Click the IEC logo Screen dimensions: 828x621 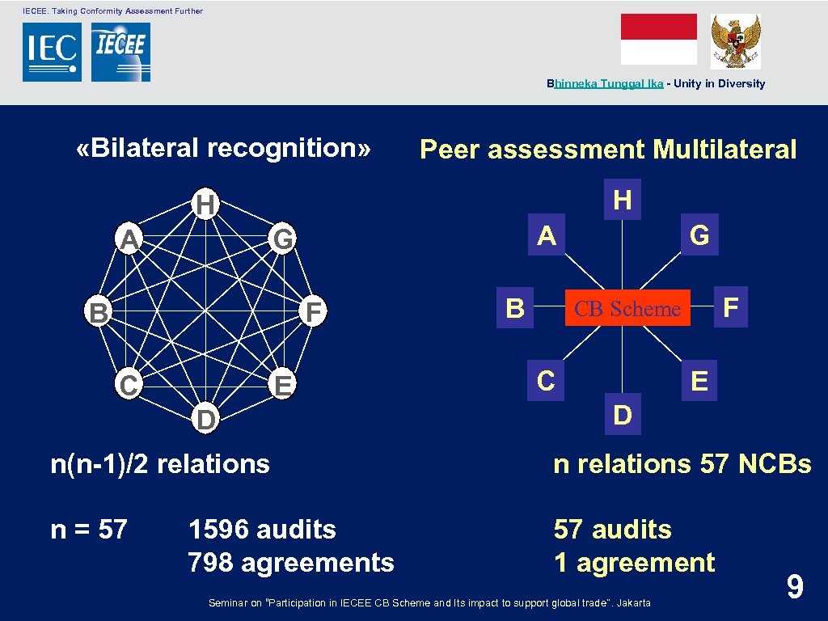pyautogui.click(x=52, y=52)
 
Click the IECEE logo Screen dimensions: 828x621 pyautogui.click(x=120, y=52)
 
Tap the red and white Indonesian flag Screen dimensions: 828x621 pyautogui.click(x=658, y=39)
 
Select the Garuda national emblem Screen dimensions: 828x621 pyautogui.click(x=735, y=41)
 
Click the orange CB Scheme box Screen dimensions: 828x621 pyautogui.click(x=627, y=308)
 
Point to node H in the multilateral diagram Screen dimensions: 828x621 pyautogui.click(x=623, y=199)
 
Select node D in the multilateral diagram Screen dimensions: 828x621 pyautogui.click(x=623, y=415)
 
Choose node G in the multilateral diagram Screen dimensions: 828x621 pyautogui.click(x=699, y=235)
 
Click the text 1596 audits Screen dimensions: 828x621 pyautogui.click(x=262, y=530)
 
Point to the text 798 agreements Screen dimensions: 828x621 pyautogui.click(x=291, y=563)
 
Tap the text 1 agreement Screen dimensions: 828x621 pyautogui.click(x=634, y=563)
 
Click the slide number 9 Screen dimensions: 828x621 pyautogui.click(x=795, y=586)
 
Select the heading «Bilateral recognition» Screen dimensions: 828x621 pyautogui.click(x=223, y=148)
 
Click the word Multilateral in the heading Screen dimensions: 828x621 pyautogui.click(x=724, y=150)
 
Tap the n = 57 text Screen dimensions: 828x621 pyautogui.click(x=89, y=530)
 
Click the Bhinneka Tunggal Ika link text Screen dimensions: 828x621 pyautogui.click(x=605, y=83)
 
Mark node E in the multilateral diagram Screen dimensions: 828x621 pyautogui.click(x=699, y=380)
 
